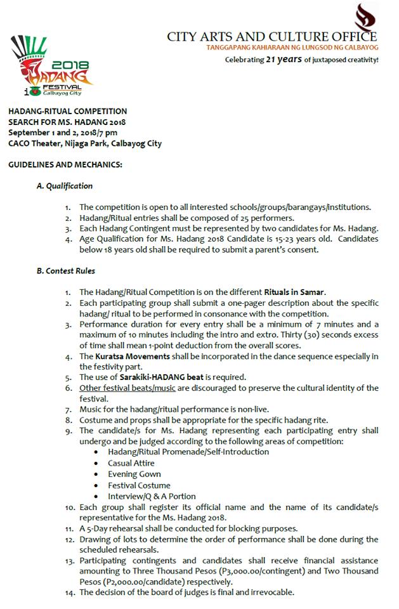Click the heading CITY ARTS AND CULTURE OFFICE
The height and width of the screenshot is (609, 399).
[x=271, y=37]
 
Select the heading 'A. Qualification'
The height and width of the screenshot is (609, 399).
[x=65, y=186]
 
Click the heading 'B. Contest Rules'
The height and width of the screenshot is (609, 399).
[x=66, y=271]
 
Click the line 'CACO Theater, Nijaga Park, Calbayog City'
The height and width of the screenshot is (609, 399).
[x=85, y=143]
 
